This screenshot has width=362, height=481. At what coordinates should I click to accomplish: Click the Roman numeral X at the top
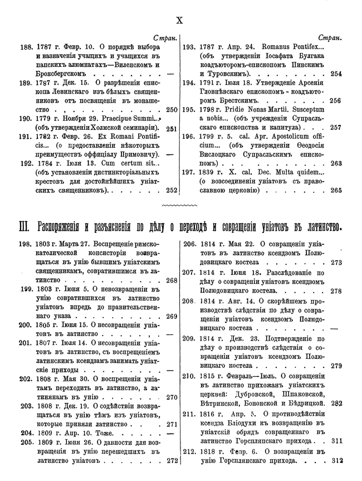(x=180, y=21)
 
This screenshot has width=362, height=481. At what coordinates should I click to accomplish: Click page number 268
(x=171, y=280)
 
